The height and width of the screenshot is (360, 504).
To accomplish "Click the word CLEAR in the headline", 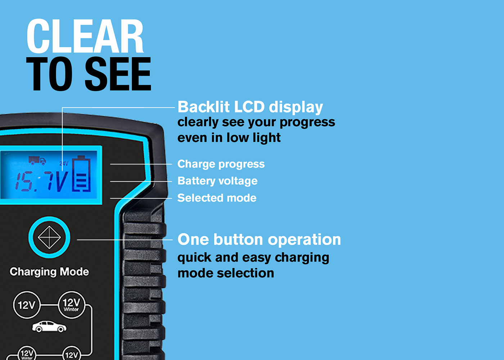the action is point(85,36).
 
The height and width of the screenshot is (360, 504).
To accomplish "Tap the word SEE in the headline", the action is point(118,74).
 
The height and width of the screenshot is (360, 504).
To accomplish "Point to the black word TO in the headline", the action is point(50,74).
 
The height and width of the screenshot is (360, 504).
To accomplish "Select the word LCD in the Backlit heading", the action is point(249,107).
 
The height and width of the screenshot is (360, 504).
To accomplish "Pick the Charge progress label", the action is point(221,164).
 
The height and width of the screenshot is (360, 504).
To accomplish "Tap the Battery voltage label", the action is point(217,181).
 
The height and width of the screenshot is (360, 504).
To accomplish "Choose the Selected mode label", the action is point(217,198).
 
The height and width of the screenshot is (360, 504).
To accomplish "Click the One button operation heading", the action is point(259,240).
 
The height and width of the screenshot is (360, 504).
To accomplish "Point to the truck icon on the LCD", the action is point(37,160).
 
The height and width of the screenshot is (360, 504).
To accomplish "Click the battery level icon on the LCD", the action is point(81,174).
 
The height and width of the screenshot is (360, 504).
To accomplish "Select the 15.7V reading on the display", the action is point(41,181).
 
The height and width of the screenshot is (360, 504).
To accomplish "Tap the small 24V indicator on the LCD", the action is point(64,163).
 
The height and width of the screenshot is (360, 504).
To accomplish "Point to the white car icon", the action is point(49,327).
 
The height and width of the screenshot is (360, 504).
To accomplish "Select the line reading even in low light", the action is point(229,138).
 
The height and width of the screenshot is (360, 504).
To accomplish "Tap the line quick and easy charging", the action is point(253,258).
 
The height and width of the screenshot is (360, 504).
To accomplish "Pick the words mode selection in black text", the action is point(226,273).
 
